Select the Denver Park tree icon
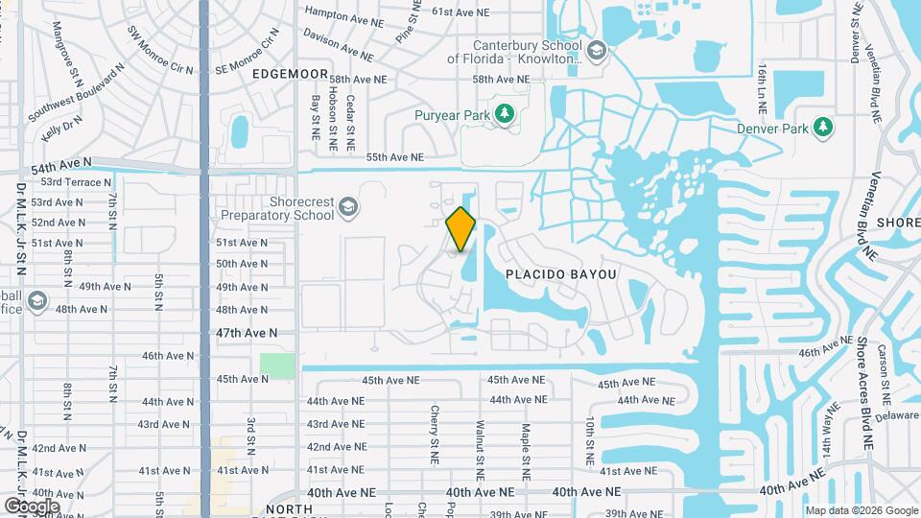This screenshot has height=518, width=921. click(x=821, y=127)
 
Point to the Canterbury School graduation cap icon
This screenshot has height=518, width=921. click(x=596, y=50)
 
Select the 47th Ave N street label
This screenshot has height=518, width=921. click(x=248, y=332)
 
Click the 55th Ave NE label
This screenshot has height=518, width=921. click(x=395, y=157)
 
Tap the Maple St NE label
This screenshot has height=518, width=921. click(x=525, y=442)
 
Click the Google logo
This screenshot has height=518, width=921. click(x=32, y=506)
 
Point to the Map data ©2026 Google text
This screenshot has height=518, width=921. click(x=861, y=510)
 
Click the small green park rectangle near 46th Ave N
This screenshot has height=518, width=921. click(x=277, y=365)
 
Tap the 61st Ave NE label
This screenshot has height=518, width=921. click(x=460, y=12)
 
